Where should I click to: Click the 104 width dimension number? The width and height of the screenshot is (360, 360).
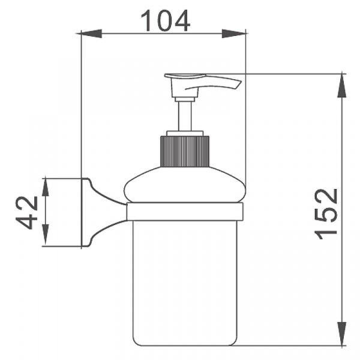tap(165, 21)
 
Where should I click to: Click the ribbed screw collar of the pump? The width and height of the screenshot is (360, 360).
tap(184, 151)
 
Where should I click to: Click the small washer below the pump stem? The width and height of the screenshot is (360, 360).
tap(184, 133)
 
